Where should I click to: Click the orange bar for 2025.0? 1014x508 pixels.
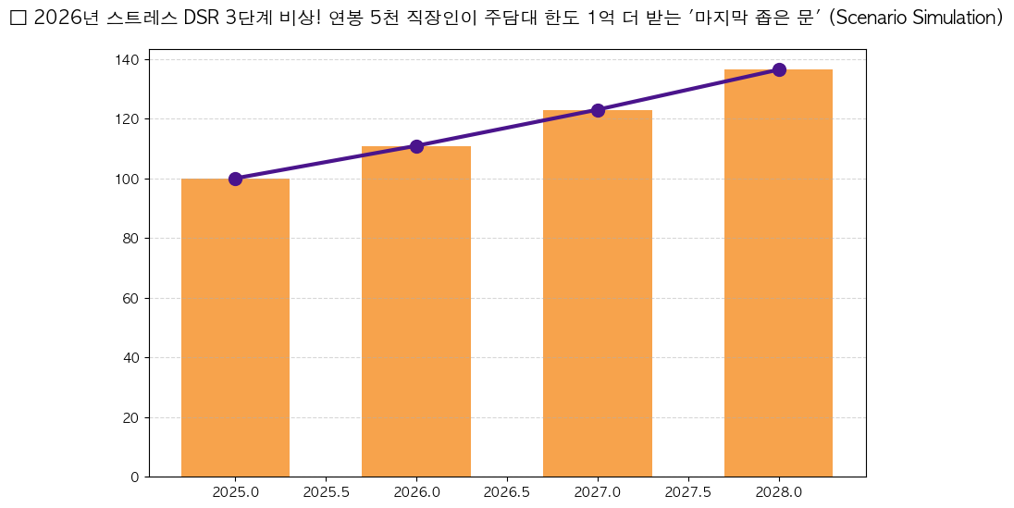coord(235,328)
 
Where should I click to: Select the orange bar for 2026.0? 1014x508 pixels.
coord(416,312)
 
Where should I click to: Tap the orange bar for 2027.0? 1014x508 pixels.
coord(598,293)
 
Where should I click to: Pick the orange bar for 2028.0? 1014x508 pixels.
coord(778,273)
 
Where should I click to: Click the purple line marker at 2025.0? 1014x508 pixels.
coord(235,179)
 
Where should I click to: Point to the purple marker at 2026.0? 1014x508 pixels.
coord(416,146)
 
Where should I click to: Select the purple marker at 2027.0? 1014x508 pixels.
coord(598,110)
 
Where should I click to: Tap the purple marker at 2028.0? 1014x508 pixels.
coord(779,69)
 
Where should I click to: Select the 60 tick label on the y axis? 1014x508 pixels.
coord(131,298)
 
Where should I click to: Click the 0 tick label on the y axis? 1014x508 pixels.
coord(135,477)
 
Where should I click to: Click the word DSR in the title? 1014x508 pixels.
coord(202,19)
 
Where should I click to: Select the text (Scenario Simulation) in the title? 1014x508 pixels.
coord(916,19)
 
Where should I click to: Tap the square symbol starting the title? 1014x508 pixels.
coord(18,19)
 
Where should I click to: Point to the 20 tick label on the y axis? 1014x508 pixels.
coord(131,417)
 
